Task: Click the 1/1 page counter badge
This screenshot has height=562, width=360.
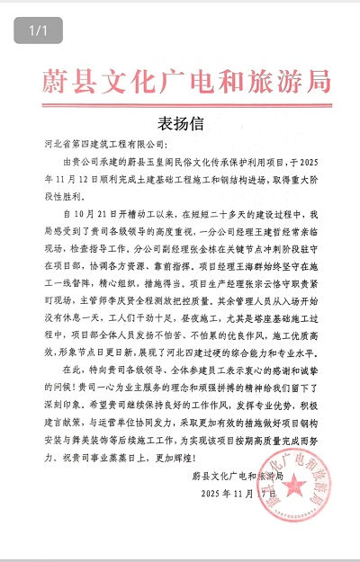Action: pos(38,31)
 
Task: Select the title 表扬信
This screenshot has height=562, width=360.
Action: pos(181,122)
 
